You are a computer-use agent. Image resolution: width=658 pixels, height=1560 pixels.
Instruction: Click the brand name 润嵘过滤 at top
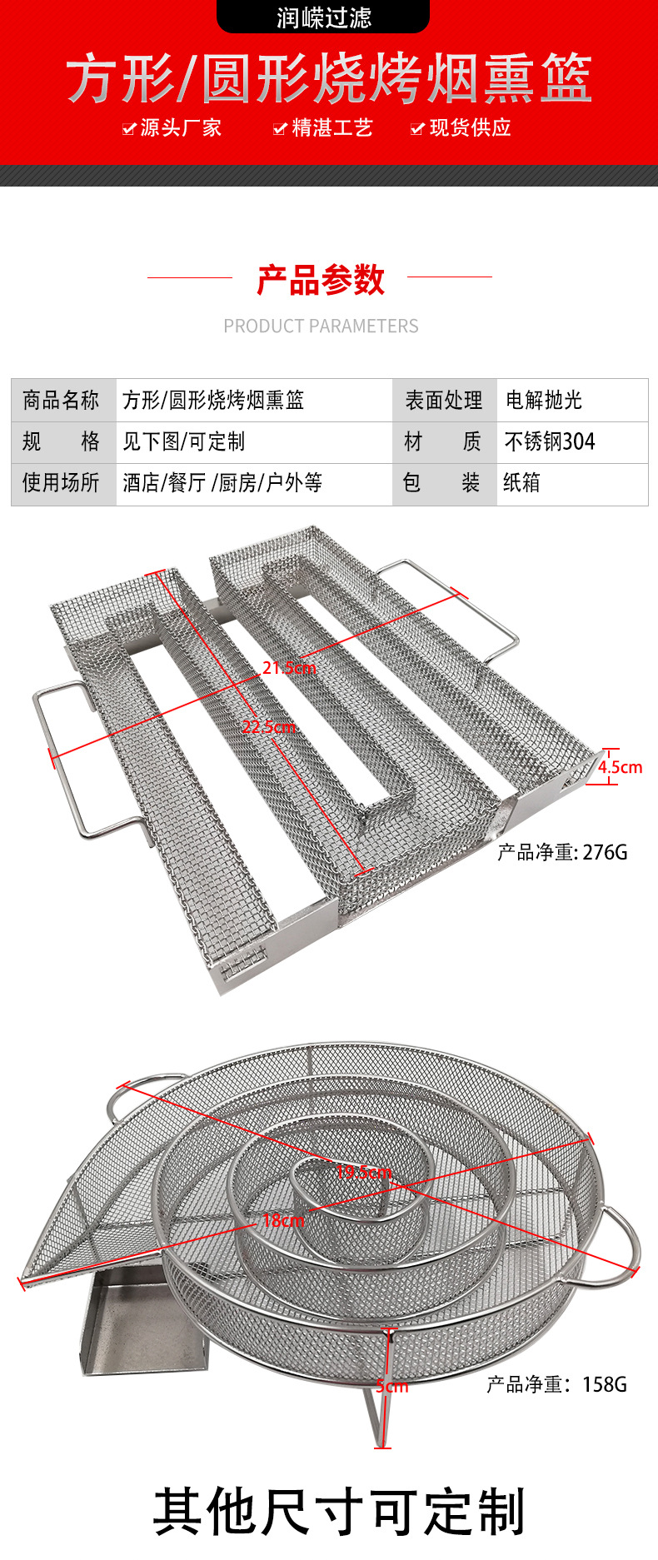[x=323, y=17]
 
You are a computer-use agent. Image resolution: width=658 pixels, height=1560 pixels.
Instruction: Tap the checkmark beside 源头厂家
[x=128, y=128]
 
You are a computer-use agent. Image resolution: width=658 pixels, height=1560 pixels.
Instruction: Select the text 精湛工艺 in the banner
[x=331, y=127]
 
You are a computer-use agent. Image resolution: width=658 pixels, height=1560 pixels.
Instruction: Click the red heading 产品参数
[x=320, y=280]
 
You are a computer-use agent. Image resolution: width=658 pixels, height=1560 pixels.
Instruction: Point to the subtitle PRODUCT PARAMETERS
[x=321, y=326]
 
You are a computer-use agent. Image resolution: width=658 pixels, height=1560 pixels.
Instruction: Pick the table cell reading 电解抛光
[x=543, y=401]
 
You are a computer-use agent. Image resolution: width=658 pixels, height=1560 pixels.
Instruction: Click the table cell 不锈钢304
[x=550, y=441]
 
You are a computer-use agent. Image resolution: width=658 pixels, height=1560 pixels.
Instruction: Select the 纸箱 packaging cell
[x=521, y=483]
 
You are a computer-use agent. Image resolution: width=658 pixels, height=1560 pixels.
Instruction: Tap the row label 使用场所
[x=61, y=483]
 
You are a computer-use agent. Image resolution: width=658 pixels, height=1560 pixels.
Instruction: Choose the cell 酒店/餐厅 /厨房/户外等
[x=222, y=483]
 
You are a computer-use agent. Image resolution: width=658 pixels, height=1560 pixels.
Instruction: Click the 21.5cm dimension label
[x=289, y=667]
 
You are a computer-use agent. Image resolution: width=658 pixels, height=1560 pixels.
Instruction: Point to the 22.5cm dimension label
[x=268, y=726]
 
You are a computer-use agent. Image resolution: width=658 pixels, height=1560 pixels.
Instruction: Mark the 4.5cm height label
[x=620, y=767]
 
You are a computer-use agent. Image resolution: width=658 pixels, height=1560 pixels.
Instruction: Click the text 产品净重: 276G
[x=562, y=852]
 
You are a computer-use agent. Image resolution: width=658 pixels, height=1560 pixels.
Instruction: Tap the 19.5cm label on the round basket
[x=363, y=1172]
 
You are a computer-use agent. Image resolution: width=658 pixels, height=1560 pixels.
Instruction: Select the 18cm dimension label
[x=283, y=1221]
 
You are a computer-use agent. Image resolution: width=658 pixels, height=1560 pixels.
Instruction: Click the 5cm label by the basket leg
[x=391, y=1386]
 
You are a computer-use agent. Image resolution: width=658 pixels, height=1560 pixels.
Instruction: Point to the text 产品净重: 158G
[x=556, y=1384]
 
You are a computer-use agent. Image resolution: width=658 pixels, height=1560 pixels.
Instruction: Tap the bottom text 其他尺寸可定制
[x=338, y=1512]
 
